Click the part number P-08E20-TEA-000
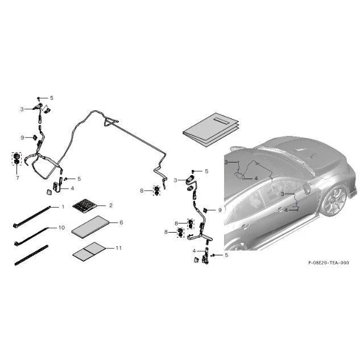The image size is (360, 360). click(328, 263)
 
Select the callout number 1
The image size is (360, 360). click(63, 207)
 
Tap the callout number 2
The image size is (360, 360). click(111, 205)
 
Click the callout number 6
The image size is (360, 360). click(121, 222)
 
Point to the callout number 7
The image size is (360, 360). click(18, 177)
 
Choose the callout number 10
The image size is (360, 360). click(62, 227)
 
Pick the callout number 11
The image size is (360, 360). click(118, 248)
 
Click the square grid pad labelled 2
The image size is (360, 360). click(85, 205)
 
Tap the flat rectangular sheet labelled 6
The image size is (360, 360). click(90, 227)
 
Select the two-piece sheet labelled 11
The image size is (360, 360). click(89, 251)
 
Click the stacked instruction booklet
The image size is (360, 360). click(211, 129)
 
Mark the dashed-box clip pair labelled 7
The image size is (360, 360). click(16, 159)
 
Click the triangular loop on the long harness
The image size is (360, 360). click(111, 122)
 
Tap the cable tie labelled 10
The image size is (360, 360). click(31, 237)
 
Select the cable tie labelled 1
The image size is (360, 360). click(31, 216)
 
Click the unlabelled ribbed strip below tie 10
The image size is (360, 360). click(31, 255)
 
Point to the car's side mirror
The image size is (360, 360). click(307, 188)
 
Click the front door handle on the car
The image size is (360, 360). click(280, 209)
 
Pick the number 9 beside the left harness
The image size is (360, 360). click(22, 138)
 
